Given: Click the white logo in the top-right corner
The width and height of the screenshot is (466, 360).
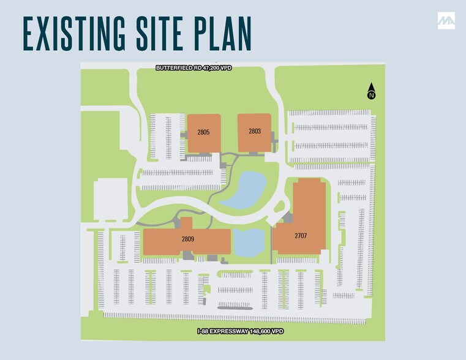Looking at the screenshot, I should coord(446,21).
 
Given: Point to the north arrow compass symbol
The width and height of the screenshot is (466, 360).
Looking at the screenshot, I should coord(371,92).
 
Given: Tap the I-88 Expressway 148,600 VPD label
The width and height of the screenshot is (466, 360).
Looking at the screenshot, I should coord(240,331).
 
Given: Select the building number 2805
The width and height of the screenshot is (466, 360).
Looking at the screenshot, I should coord(203,132).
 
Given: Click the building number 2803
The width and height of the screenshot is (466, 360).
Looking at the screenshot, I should coord(255,131).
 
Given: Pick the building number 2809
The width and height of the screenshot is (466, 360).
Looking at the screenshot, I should coord(187,239).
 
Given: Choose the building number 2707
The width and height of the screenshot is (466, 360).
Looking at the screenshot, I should coord(300,236).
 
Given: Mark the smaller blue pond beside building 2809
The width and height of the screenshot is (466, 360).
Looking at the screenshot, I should coord(248,242).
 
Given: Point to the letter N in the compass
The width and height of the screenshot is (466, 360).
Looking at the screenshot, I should coord(371,96).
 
